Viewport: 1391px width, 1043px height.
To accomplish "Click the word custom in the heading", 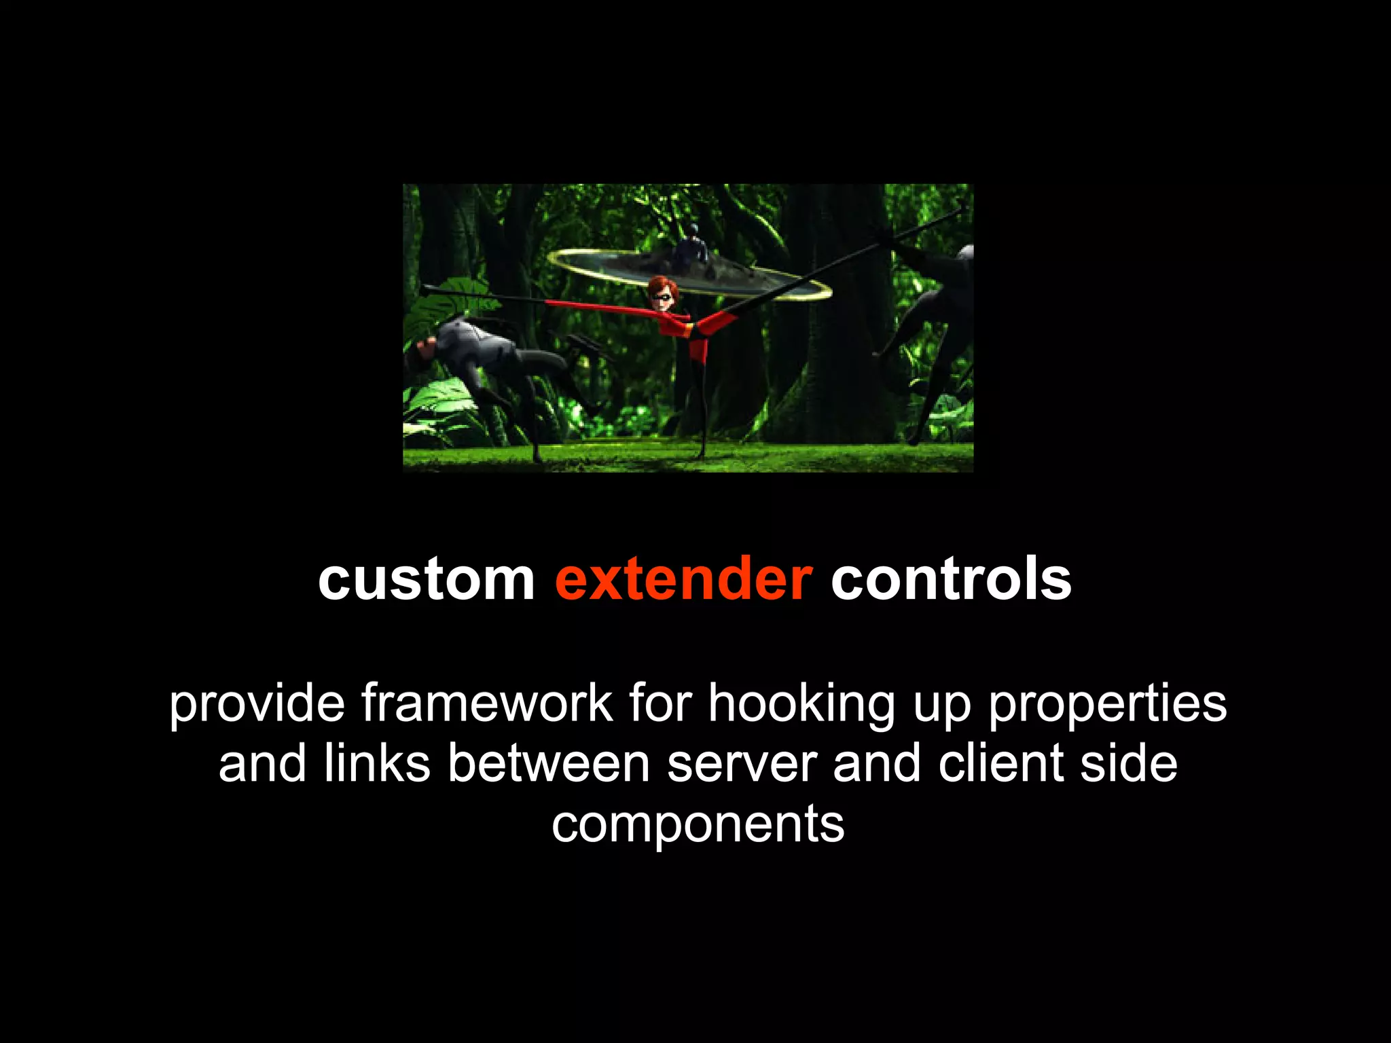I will point(426,579).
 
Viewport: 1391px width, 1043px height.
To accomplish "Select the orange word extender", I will point(683,579).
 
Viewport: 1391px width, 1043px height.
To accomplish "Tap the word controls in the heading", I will point(951,579).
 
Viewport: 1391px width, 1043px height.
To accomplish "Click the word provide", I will point(257,704).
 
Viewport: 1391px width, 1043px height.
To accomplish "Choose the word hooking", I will point(802,704).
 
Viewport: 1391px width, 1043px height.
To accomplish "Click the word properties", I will point(1107,704).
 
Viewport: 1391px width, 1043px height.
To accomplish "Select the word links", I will point(377,763).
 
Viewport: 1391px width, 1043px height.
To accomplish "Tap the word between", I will point(549,763).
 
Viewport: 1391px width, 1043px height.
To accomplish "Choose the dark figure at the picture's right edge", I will point(941,326).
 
